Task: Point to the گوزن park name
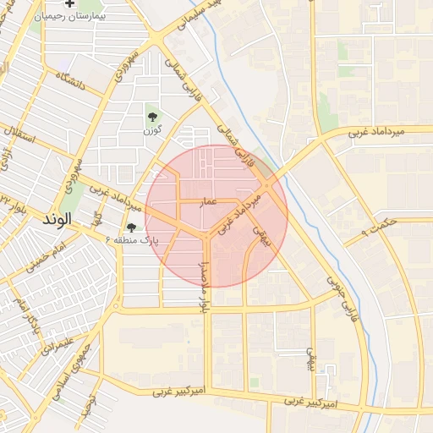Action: pos(151,130)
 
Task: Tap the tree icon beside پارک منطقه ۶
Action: pos(131,227)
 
